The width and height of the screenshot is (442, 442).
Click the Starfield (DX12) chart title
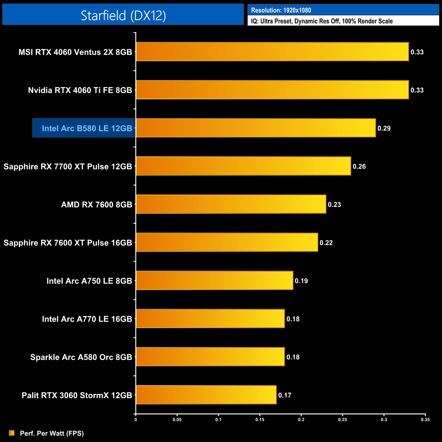coord(123,15)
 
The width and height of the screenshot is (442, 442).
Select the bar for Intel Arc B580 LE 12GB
coord(256,128)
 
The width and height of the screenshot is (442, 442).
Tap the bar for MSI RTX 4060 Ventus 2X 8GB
coord(272,52)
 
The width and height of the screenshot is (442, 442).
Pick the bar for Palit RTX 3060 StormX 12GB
coord(206,395)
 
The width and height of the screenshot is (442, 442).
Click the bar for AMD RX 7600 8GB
coord(231,204)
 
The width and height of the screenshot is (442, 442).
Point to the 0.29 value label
coord(384,128)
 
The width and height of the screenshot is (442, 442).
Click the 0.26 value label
coord(359,166)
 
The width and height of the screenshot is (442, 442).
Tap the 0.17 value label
coord(285,395)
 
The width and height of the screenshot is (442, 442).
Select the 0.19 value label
coord(301,281)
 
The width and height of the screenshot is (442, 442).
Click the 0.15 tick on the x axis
coord(260,420)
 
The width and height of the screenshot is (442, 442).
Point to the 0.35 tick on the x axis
coord(425,420)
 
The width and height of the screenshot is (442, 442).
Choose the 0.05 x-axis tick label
coord(177,420)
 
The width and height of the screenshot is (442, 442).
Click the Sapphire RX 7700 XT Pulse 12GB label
coord(68,166)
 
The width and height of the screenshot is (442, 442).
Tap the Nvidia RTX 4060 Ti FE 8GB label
coord(80,90)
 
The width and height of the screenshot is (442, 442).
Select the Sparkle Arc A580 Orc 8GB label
coord(81,357)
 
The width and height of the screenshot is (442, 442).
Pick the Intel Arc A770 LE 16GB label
coord(87,319)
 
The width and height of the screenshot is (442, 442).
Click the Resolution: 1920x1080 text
coord(281,10)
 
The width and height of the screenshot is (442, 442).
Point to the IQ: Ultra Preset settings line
coord(322,21)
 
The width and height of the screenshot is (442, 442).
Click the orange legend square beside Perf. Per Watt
coord(12,433)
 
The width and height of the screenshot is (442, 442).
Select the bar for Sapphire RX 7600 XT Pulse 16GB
coord(227,242)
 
